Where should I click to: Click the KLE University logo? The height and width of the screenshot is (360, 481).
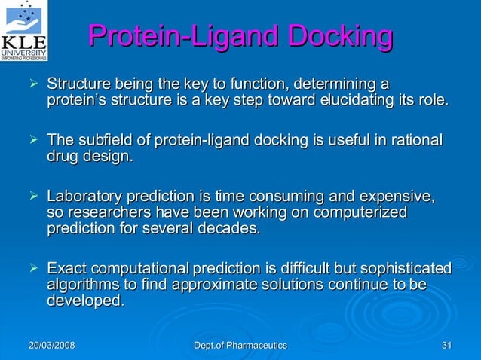(24, 30)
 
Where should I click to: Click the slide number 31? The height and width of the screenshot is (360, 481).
(446, 345)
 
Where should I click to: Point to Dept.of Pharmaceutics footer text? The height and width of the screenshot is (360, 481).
(240, 345)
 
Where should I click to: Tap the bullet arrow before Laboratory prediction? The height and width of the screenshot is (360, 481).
(32, 197)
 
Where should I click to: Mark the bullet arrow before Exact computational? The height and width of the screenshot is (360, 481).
(32, 268)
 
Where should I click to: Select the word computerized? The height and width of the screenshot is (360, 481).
(360, 213)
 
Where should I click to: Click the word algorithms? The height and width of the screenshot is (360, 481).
(81, 285)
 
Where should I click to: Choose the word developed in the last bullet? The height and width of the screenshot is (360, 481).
(85, 301)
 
